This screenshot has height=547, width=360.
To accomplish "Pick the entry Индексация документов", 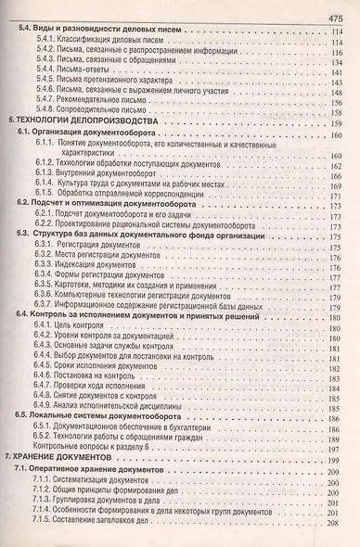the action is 99,264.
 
